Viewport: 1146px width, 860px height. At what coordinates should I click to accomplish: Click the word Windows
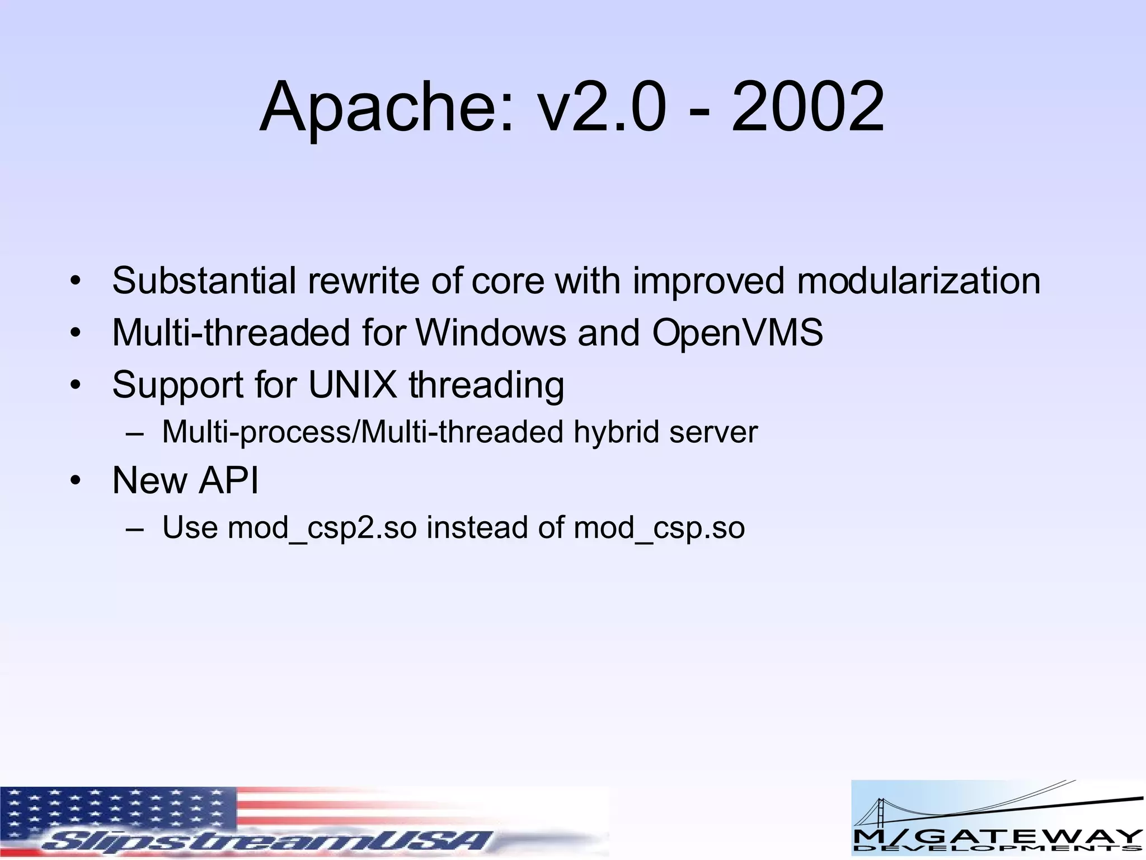[x=491, y=333]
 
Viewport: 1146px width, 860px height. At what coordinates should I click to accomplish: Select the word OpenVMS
[x=737, y=333]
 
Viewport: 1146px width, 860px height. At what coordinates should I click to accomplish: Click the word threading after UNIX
[x=486, y=386]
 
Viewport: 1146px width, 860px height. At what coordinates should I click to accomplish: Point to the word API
[x=229, y=480]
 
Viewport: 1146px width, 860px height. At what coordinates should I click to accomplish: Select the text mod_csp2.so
[x=322, y=528]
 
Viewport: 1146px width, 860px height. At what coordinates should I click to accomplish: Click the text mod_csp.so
[x=659, y=528]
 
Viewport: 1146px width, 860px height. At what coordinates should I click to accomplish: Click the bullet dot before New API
[x=76, y=481]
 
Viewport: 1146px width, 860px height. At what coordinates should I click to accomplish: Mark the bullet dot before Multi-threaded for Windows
[x=76, y=333]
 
